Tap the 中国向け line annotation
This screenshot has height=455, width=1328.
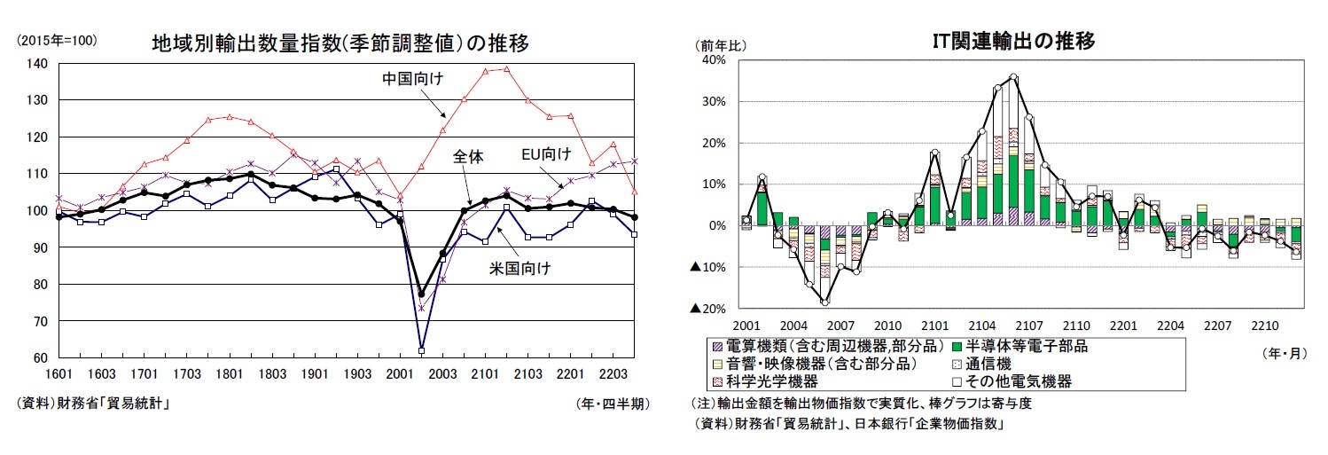(412, 79)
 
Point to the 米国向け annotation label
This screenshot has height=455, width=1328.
(520, 268)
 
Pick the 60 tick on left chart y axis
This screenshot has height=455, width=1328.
(40, 357)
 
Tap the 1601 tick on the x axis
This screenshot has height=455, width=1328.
(59, 375)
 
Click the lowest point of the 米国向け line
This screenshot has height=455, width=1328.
(422, 349)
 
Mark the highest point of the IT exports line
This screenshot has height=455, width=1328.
(1013, 76)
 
